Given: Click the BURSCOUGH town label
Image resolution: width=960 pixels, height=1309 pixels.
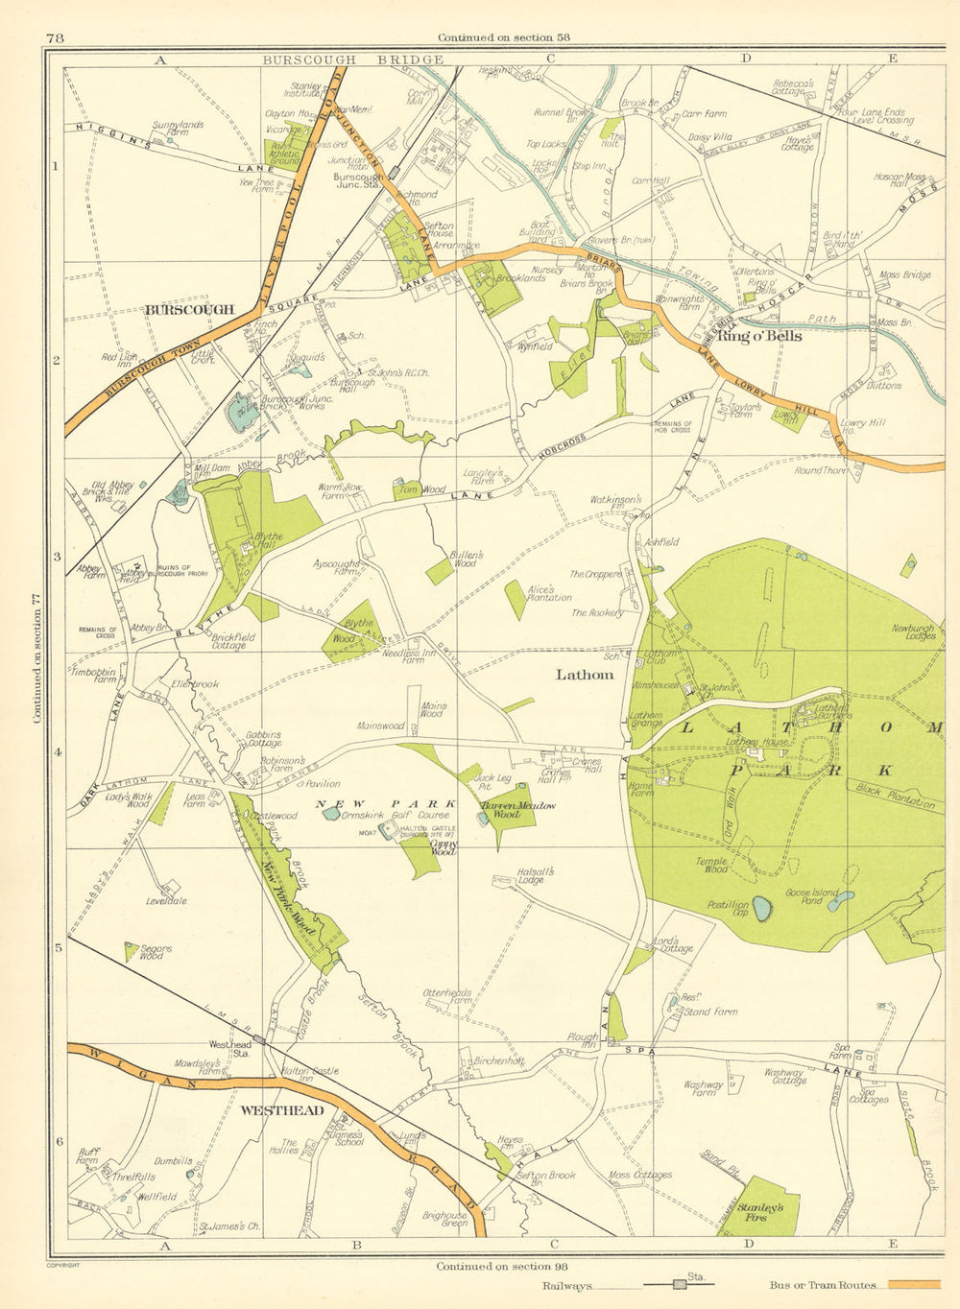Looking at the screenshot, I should pos(189,310).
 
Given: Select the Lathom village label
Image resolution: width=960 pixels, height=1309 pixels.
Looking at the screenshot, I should pos(585,675).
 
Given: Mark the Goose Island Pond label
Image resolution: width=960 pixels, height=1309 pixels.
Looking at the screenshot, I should pos(812,897).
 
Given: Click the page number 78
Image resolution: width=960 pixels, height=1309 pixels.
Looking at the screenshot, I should pos(54,37).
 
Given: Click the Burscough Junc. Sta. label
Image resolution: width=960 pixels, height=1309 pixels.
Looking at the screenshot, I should pos(358,182).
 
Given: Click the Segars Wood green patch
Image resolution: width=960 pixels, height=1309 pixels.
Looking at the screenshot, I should pos(130,951).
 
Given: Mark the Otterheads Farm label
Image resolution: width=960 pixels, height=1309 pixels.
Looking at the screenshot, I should pos(446,996).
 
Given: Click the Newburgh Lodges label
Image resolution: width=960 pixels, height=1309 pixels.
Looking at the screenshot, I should pos(913,632).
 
